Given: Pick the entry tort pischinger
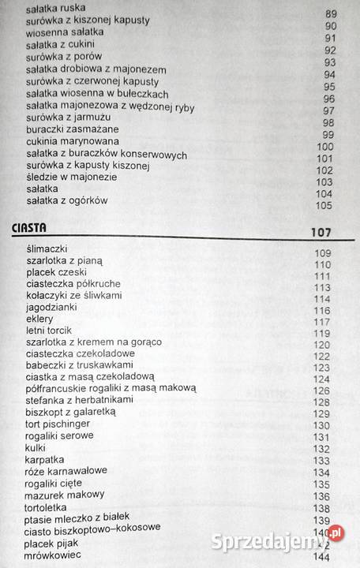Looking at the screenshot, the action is pos(58,424).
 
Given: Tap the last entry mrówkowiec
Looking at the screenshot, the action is pos(56,555).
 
